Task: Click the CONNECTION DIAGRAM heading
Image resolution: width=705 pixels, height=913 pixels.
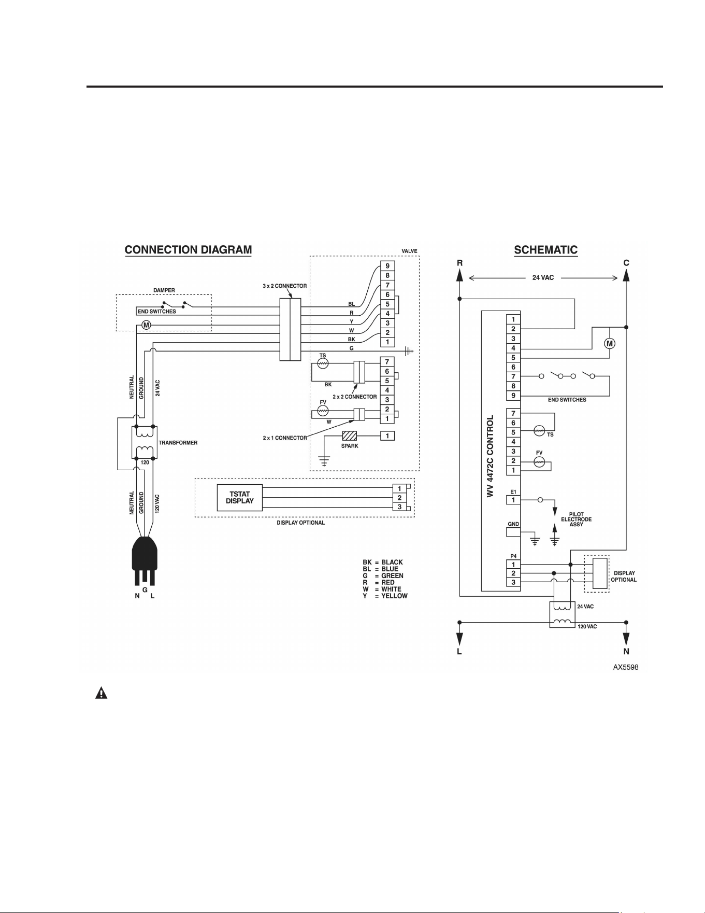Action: point(188,250)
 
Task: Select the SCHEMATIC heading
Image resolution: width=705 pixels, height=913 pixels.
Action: point(545,250)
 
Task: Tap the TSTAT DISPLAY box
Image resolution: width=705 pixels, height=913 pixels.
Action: point(240,498)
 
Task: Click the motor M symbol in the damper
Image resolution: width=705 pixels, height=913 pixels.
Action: point(146,325)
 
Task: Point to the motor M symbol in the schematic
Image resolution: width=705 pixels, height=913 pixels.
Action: point(610,344)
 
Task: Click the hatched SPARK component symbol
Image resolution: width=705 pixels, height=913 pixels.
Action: point(350,436)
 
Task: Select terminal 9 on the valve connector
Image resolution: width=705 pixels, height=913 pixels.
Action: point(387,266)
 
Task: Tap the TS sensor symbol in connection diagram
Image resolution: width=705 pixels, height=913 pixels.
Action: point(323,364)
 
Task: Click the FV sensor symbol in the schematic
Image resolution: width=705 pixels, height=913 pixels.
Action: point(539,461)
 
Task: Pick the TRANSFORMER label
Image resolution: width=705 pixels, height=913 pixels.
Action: point(178,443)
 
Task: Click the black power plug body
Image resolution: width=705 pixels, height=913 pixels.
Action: point(145,554)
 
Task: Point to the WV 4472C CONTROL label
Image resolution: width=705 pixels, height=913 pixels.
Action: point(491,456)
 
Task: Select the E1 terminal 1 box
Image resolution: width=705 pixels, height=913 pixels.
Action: point(513,500)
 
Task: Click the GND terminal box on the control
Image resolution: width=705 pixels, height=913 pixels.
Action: point(513,532)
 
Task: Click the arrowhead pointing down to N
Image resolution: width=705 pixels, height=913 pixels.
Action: point(626,639)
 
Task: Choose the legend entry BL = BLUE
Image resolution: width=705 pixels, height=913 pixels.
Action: point(381,569)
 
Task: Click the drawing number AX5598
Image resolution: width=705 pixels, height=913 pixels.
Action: point(626,667)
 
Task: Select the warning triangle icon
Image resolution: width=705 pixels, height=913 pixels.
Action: point(102,693)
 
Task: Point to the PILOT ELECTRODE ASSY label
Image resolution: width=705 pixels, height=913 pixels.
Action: point(576,519)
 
